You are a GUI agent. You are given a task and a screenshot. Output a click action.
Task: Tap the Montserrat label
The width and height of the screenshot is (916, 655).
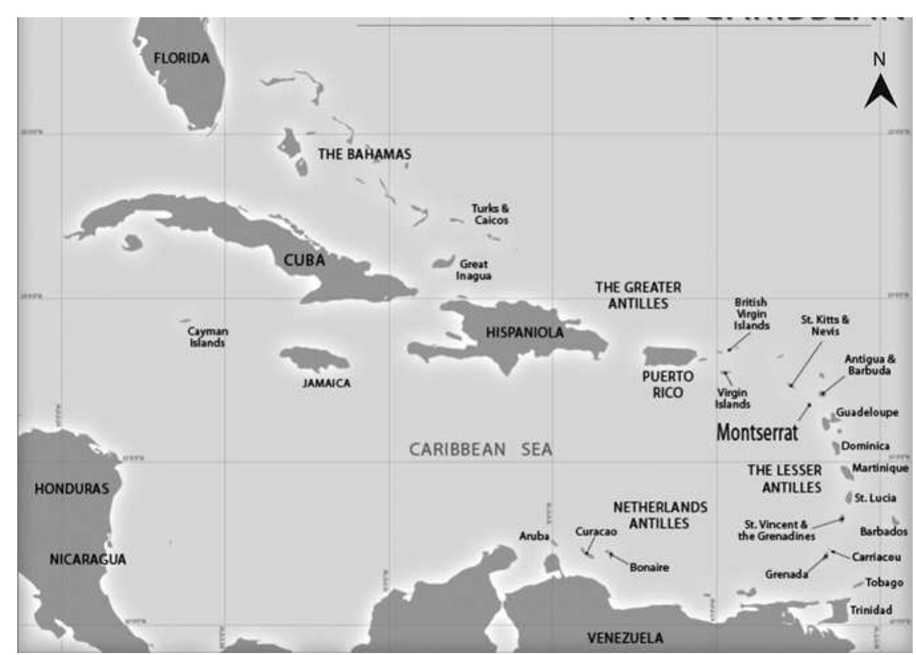click(757, 432)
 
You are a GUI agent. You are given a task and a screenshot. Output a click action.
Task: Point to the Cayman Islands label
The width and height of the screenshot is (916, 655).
click(207, 337)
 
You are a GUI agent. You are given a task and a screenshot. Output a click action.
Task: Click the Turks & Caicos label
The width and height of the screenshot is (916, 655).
click(490, 214)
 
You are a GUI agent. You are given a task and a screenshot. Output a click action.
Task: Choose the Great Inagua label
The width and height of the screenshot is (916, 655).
click(474, 270)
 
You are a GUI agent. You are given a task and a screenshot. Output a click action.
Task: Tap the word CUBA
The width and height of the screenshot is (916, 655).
click(304, 260)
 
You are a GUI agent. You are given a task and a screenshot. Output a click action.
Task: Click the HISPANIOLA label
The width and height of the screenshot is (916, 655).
click(525, 332)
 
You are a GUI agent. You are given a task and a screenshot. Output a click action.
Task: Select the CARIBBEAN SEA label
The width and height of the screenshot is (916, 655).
click(480, 449)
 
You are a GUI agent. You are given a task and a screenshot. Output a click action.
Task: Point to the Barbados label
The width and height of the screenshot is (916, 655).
click(883, 531)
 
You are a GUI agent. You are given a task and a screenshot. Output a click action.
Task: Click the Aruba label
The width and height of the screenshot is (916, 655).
click(534, 536)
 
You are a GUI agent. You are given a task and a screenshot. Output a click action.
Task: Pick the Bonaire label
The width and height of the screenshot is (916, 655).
click(649, 567)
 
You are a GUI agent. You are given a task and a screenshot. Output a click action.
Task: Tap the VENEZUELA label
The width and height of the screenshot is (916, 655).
click(625, 638)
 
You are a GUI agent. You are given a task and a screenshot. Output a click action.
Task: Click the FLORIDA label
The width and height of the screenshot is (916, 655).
click(181, 58)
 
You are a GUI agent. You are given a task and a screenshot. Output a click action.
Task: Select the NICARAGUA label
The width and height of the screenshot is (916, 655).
click(88, 560)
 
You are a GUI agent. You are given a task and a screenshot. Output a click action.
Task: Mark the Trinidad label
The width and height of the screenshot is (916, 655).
click(871, 610)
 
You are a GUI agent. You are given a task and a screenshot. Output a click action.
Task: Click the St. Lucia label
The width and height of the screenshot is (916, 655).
click(875, 498)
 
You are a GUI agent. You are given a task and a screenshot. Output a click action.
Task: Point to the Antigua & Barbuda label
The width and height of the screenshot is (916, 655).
click(870, 365)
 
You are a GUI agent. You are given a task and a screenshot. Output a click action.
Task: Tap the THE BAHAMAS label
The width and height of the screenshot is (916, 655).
click(364, 154)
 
